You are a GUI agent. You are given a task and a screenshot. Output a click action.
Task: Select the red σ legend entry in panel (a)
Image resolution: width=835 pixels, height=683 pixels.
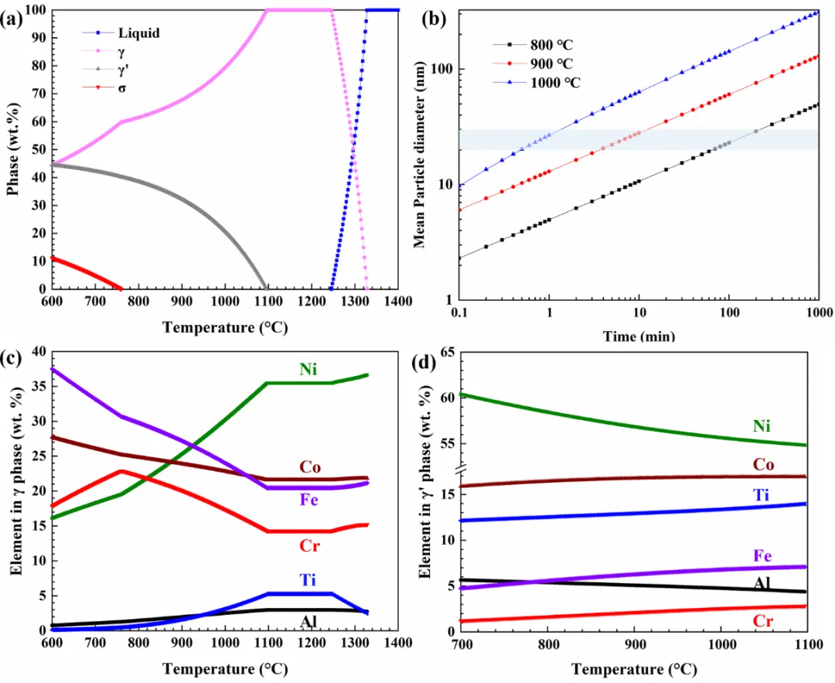point(122,88)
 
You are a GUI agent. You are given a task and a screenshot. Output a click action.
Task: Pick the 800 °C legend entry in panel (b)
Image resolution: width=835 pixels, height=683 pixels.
point(551,45)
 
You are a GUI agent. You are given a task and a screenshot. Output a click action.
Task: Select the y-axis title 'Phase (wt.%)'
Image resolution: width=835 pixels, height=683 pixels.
point(13,149)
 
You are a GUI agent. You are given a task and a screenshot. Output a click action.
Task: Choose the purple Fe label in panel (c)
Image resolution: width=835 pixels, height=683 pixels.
point(311,500)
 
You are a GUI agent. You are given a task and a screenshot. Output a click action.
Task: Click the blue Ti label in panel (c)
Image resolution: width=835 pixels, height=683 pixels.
point(309,581)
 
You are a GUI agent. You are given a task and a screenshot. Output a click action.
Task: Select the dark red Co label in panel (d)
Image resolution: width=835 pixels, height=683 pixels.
point(763,463)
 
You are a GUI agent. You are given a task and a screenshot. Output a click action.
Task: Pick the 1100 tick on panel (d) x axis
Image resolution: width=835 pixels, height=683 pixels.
point(807,643)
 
